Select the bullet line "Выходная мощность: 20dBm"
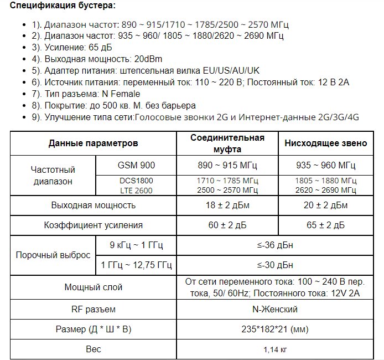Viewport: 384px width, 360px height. tap(97, 58)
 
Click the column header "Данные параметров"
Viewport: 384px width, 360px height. tap(93, 143)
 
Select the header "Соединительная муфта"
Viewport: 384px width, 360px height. tap(227, 143)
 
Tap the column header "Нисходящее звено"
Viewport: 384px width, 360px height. tap(325, 143)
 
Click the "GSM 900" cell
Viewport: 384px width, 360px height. tap(136, 165)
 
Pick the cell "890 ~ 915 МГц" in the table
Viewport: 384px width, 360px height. tap(227, 165)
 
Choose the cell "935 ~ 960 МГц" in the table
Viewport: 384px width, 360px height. tap(325, 165)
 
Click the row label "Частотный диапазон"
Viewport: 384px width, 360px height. tap(53, 175)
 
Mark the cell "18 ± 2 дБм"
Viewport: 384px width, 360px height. tap(227, 205)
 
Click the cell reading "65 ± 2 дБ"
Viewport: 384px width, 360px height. tap(325, 225)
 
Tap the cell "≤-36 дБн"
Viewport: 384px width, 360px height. tap(277, 245)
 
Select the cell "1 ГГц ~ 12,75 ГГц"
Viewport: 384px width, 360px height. tap(136, 266)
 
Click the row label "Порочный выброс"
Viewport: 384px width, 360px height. tap(53, 255)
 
